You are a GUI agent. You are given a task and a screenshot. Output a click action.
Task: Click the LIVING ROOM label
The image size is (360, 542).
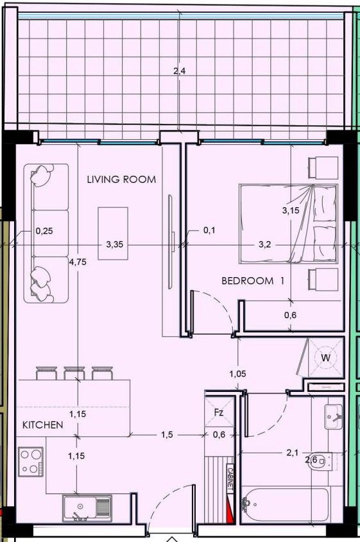(121, 180)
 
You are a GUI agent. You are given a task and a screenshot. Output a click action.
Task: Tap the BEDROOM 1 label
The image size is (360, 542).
(252, 280)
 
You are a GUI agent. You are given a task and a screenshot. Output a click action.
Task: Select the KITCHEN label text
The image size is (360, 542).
(43, 425)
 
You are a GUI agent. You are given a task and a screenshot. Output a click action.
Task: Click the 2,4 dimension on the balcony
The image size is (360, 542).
(180, 71)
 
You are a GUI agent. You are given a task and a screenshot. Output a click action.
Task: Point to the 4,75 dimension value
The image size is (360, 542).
(77, 261)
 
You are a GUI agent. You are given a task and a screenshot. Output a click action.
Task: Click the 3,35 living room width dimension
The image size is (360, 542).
(114, 244)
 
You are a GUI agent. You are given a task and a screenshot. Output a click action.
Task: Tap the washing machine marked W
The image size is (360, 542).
(325, 357)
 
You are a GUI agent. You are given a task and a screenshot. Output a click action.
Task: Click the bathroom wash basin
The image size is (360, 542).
(334, 417)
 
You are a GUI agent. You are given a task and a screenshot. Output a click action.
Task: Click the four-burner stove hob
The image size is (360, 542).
(30, 461)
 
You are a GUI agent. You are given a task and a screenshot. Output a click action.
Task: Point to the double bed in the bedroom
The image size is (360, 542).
(289, 224)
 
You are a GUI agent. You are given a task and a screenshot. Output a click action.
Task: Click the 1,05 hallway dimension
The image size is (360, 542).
(238, 373)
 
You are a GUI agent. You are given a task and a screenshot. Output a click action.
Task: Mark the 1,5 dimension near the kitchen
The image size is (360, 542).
(167, 435)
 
